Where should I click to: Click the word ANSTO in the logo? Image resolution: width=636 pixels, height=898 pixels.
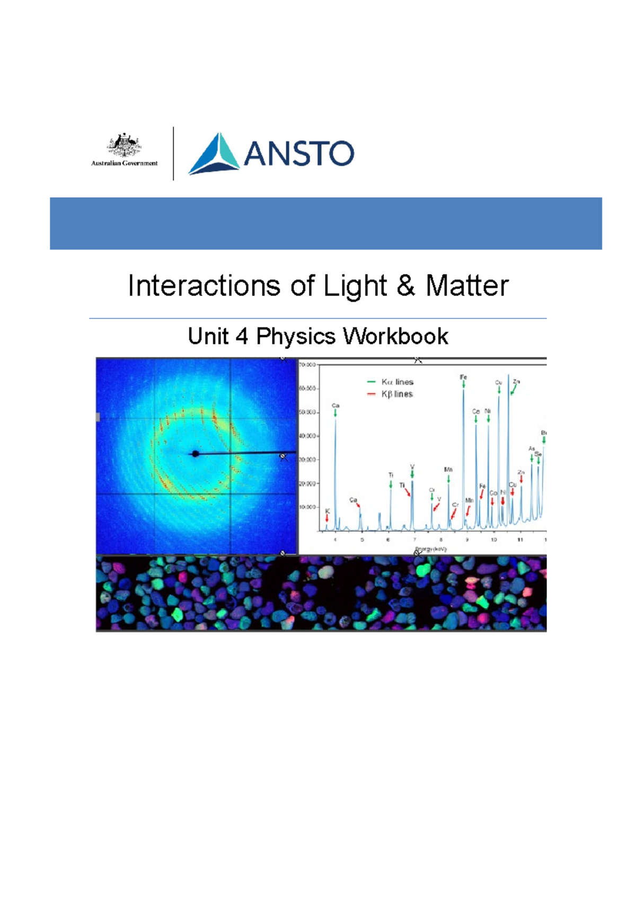click(x=298, y=154)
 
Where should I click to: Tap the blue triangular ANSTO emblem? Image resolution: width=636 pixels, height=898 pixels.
click(x=215, y=154)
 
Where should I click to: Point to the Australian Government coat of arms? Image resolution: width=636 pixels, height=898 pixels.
click(x=124, y=145)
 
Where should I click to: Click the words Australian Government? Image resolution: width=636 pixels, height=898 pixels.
click(x=124, y=163)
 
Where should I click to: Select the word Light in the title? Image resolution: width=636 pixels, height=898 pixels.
click(x=355, y=286)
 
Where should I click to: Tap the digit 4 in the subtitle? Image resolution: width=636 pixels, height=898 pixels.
click(x=242, y=336)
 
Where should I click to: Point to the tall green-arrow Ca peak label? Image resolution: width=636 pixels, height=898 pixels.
click(x=335, y=406)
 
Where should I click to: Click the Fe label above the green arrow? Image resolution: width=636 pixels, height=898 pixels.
click(x=463, y=377)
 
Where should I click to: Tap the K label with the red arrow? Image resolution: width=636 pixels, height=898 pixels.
click(x=328, y=511)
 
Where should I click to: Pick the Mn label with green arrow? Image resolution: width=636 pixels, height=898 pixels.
click(x=448, y=470)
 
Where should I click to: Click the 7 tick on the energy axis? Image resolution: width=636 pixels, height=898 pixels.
click(x=414, y=540)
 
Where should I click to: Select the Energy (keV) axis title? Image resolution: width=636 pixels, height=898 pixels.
click(x=431, y=549)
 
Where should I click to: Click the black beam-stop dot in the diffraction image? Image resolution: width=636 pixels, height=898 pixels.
click(x=195, y=454)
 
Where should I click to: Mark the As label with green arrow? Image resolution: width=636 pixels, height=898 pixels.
click(x=532, y=449)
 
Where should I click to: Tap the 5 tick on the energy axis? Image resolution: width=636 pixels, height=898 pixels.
click(x=362, y=540)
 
